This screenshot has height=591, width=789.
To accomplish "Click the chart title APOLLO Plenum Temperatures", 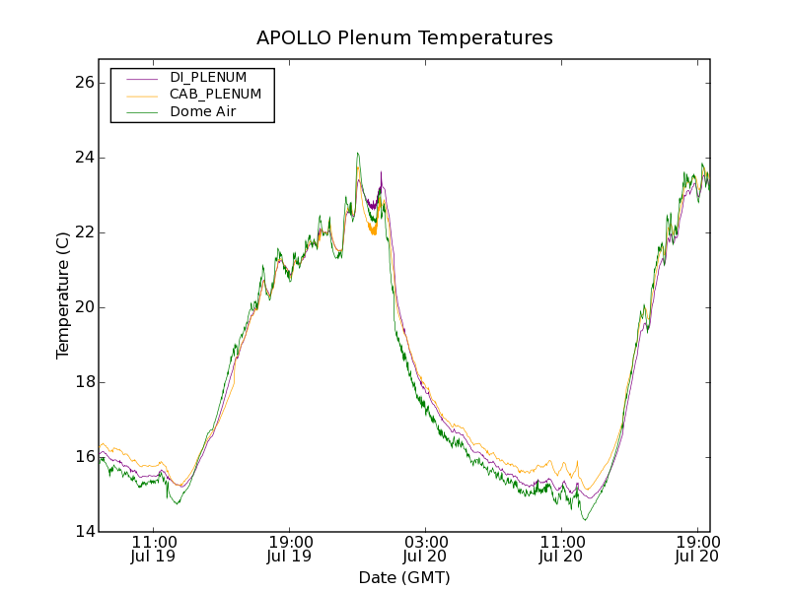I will click(404, 38).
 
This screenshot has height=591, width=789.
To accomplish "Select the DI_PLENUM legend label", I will click(208, 77).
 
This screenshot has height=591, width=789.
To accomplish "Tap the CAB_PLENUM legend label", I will click(215, 95).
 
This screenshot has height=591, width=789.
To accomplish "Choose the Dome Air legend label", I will click(202, 112).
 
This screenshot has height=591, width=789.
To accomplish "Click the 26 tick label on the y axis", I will click(83, 83).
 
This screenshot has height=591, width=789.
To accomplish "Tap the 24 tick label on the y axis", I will click(83, 158).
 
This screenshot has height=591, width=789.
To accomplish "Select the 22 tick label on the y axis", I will click(83, 232).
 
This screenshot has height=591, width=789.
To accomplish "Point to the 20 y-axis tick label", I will click(83, 307).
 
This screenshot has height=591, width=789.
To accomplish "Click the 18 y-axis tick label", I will click(83, 382).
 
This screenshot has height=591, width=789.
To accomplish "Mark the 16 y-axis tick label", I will click(83, 457).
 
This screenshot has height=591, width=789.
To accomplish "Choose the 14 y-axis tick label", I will click(83, 532).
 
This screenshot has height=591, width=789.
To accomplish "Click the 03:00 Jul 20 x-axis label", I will click(426, 549).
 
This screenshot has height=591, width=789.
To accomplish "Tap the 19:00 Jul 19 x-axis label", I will click(290, 549).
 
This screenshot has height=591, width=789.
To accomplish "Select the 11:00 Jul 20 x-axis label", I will click(562, 549).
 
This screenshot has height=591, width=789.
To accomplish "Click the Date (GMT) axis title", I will click(404, 577).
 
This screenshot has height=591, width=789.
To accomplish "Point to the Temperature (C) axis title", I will click(63, 295).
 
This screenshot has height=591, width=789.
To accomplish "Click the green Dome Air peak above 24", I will click(358, 154).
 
